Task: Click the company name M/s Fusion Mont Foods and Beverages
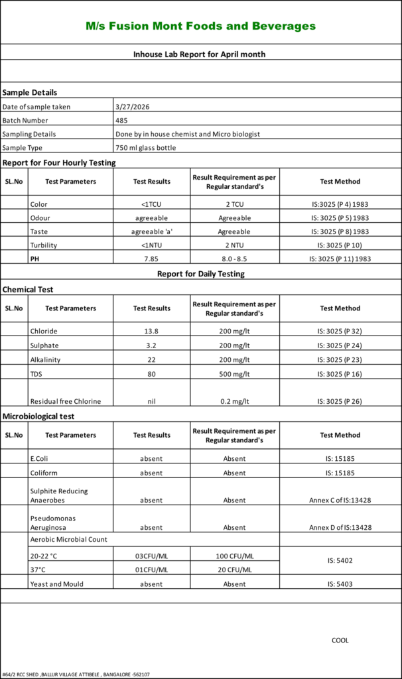[200, 27]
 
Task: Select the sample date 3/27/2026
[129, 106]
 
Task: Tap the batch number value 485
[121, 120]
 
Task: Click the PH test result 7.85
[151, 259]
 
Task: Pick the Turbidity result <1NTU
[151, 245]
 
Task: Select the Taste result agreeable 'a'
[151, 231]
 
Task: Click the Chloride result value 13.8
[151, 331]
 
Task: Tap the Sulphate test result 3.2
[151, 345]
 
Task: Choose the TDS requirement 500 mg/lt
[234, 374]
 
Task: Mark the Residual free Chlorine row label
[66, 401]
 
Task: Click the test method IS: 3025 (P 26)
[340, 401]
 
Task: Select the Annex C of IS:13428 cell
[340, 500]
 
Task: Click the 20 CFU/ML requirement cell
[234, 570]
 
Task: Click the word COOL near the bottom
[340, 641]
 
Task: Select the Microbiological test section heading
[38, 416]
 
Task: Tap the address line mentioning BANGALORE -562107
[76, 674]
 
